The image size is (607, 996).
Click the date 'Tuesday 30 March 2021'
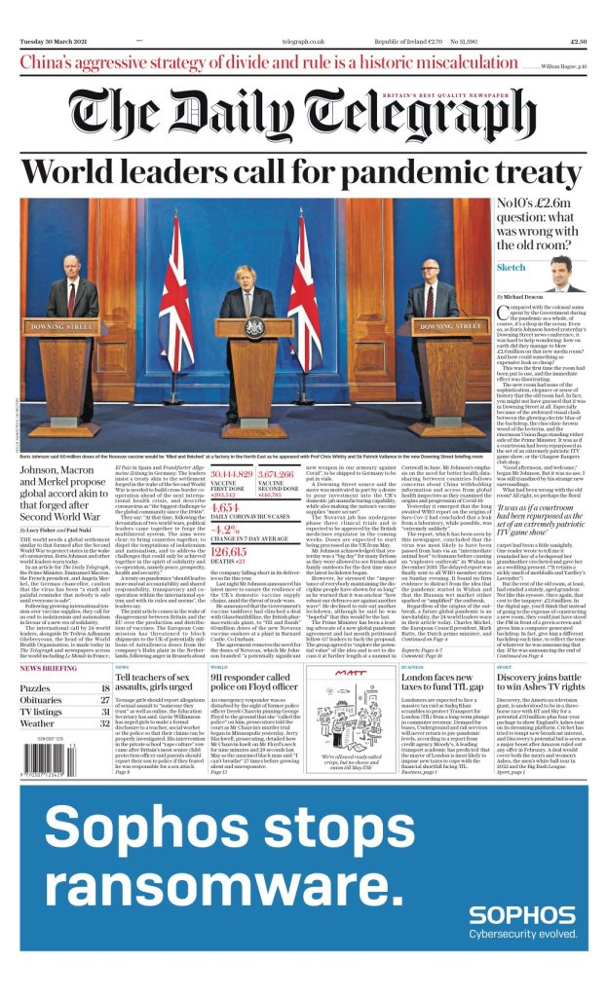point(56,42)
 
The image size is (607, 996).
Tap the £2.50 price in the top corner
point(576,42)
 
